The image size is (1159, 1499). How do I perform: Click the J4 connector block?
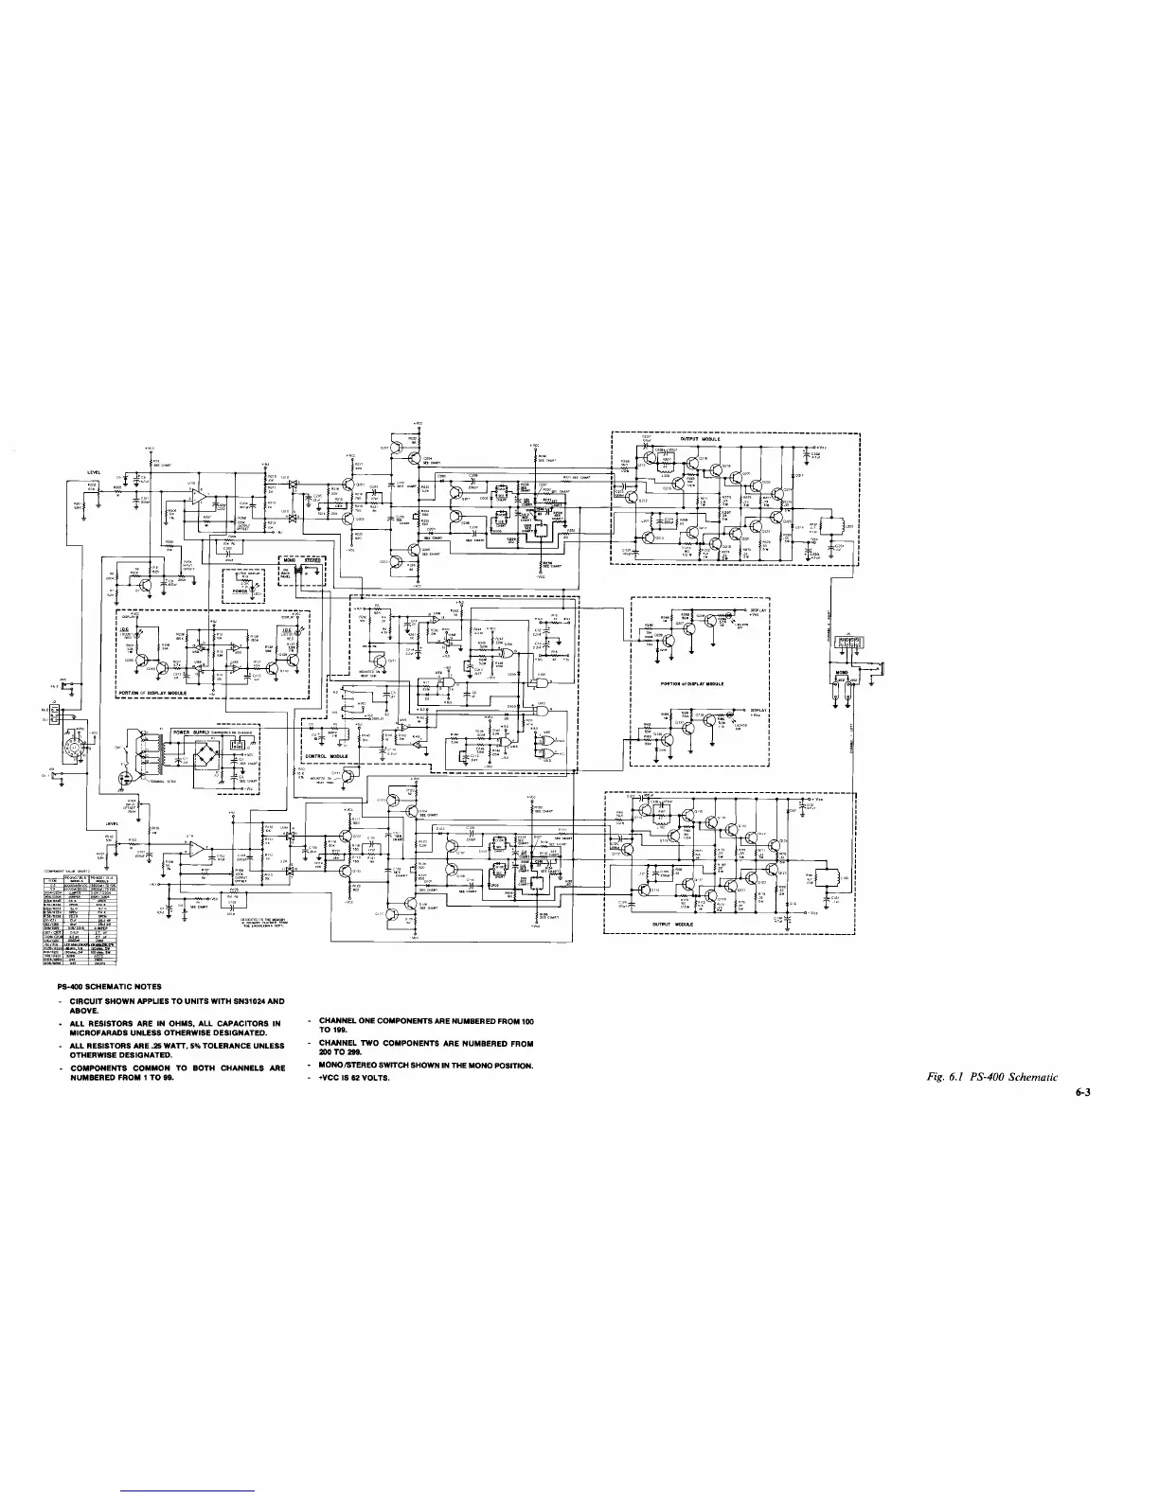coord(848,643)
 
